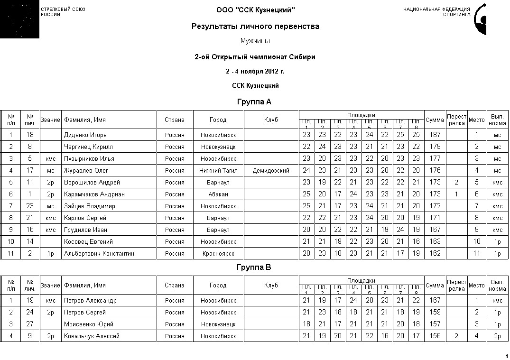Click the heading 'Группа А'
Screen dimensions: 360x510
(254, 102)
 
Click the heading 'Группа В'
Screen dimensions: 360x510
(254, 268)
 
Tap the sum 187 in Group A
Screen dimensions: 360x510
(435, 135)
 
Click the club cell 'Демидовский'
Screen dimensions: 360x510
(271, 171)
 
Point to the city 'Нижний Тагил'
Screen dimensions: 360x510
(218, 171)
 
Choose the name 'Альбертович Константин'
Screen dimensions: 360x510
(99, 254)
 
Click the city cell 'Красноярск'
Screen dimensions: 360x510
(218, 254)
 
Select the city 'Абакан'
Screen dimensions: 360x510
(218, 194)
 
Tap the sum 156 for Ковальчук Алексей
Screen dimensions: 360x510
(435, 336)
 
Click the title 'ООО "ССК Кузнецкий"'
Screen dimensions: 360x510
(255, 10)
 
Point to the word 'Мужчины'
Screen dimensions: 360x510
(255, 41)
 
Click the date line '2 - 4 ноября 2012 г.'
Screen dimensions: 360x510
(255, 72)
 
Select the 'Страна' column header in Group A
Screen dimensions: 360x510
(175, 120)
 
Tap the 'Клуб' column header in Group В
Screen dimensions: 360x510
(271, 286)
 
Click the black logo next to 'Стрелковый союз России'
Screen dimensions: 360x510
(19, 19)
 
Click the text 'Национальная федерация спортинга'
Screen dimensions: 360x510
(436, 12)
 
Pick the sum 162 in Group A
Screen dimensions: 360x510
(435, 254)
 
